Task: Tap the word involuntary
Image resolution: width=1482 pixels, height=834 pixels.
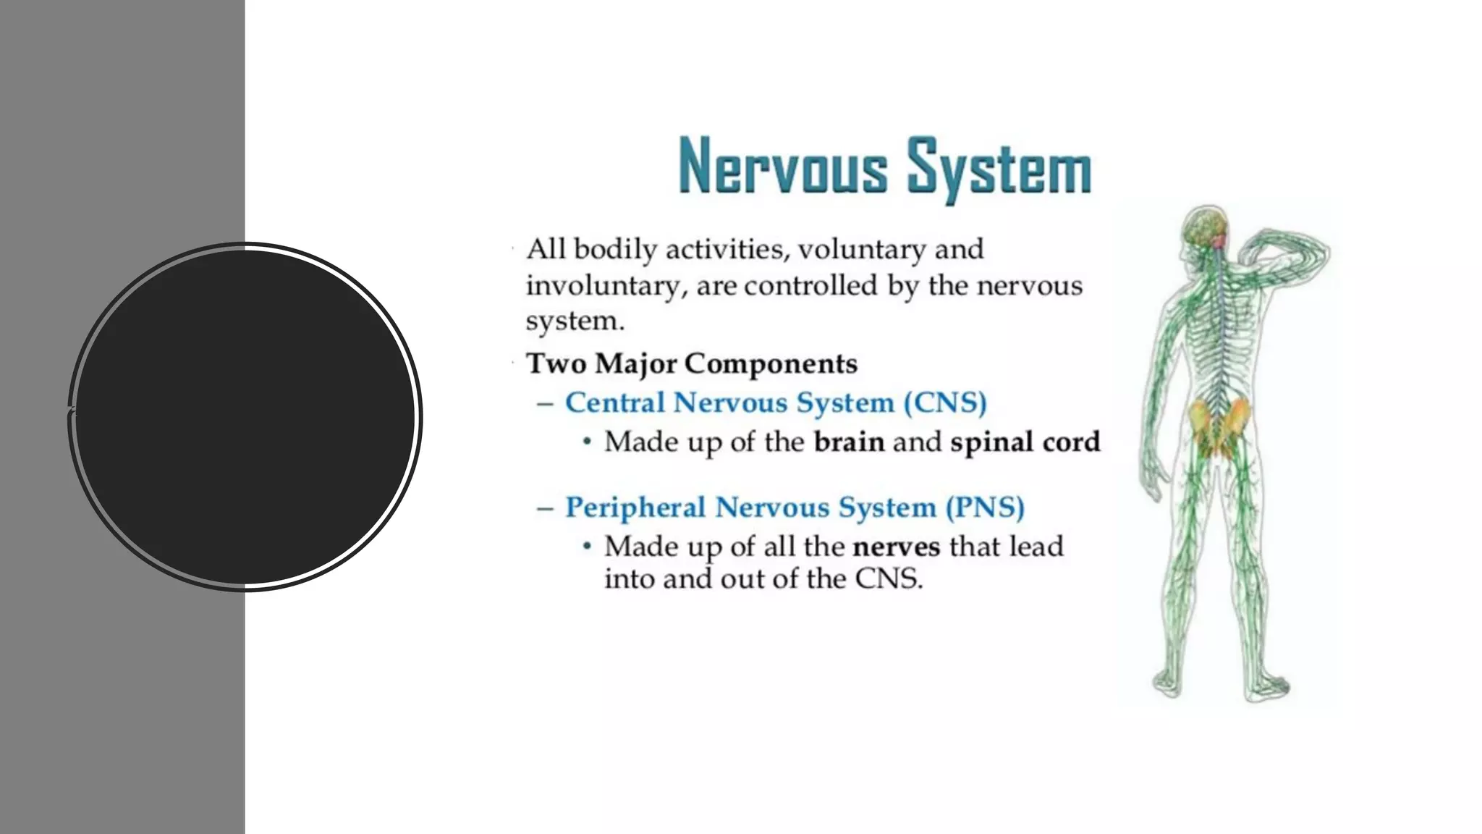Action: [x=603, y=286]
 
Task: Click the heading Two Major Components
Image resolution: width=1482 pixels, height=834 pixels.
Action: [x=692, y=363]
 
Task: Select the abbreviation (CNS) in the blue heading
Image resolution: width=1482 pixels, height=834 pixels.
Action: [x=945, y=403]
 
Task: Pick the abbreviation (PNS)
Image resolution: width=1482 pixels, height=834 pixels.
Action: [x=985, y=507]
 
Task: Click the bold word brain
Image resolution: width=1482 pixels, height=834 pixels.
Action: [x=849, y=442]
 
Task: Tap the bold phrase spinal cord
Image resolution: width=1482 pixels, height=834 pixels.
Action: [x=1025, y=442]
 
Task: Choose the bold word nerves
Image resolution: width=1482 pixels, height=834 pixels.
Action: [x=897, y=547]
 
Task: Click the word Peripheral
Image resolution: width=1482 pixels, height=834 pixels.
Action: [x=635, y=507]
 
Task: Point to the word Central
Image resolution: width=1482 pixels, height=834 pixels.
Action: [x=614, y=403]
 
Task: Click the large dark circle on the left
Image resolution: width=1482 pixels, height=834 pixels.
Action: [x=245, y=416]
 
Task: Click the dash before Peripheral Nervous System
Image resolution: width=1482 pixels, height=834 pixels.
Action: [x=545, y=508]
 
